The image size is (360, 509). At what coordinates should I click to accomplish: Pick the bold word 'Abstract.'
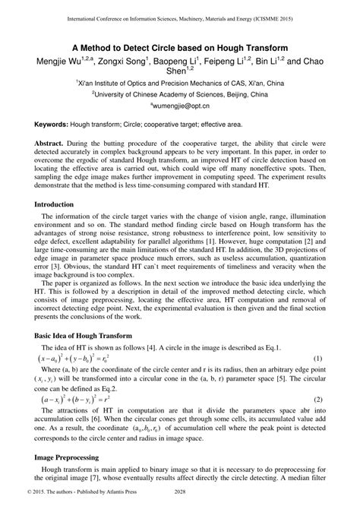pyautogui.click(x=52, y=143)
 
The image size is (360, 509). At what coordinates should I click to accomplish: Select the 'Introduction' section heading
pyautogui.click(x=60, y=204)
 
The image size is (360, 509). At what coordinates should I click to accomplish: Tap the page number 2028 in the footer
pyautogui.click(x=179, y=502)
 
